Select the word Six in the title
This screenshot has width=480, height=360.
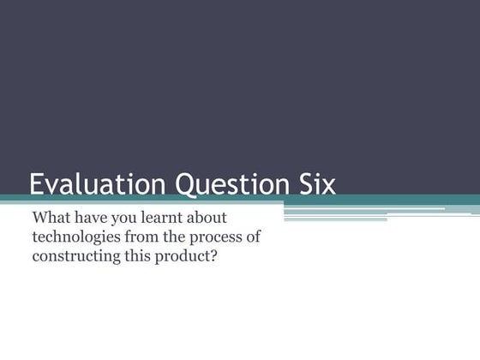(x=315, y=185)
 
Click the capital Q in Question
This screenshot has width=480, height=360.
(x=185, y=185)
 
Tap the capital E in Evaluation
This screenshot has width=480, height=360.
(x=37, y=185)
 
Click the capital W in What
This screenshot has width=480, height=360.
(x=40, y=218)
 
